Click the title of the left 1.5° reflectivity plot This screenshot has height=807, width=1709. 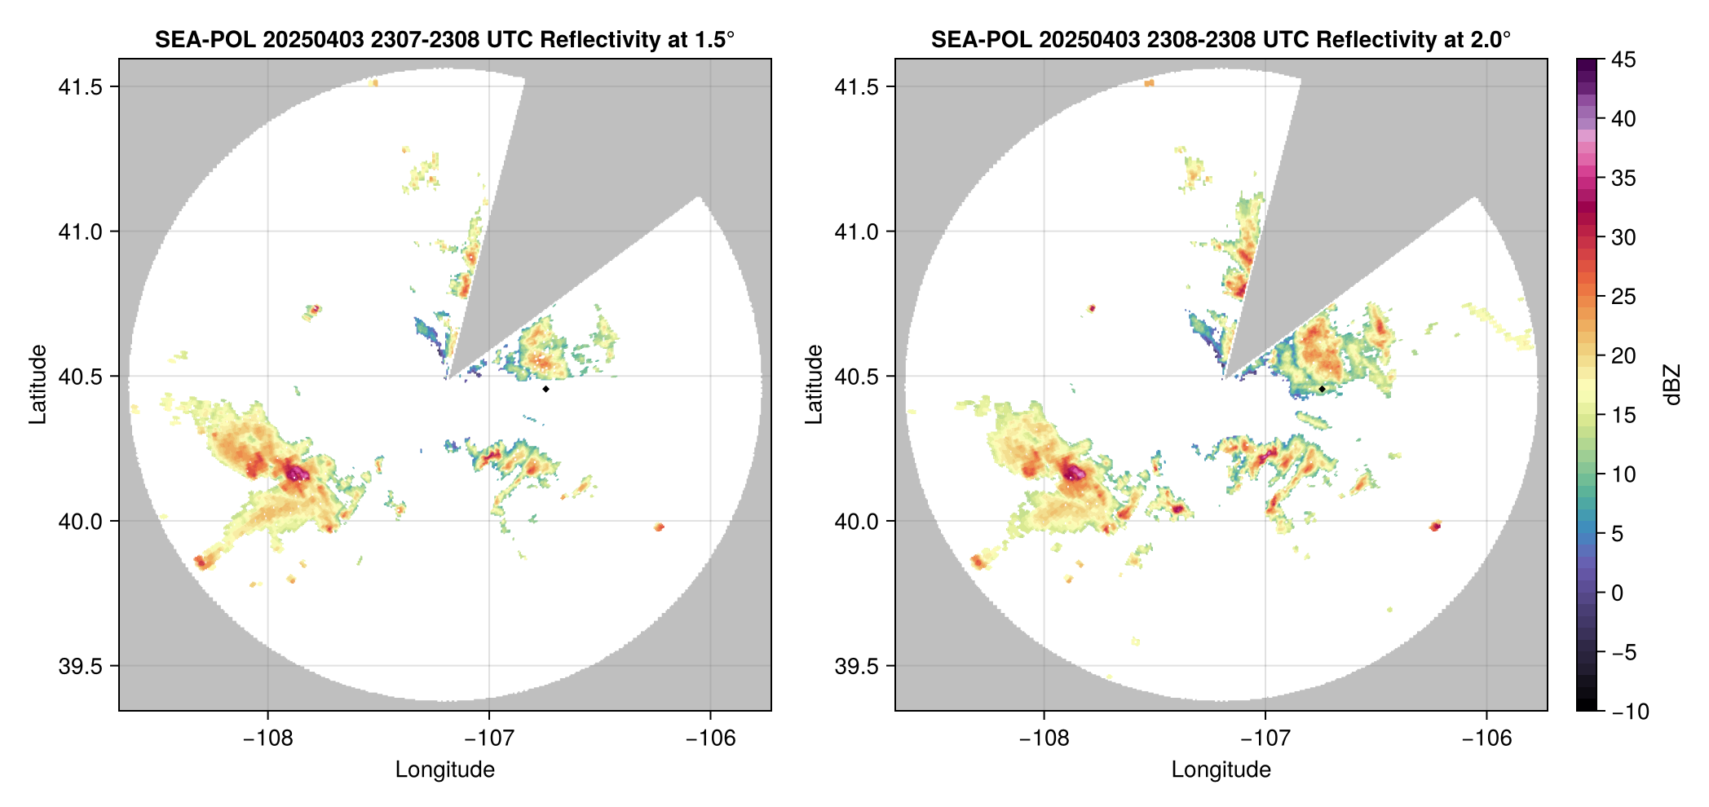[444, 39]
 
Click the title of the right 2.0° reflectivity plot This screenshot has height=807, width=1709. [1221, 39]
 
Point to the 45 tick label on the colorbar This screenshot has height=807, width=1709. [1623, 60]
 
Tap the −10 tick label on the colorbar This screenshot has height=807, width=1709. [1630, 712]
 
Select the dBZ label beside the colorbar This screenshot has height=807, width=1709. [1672, 385]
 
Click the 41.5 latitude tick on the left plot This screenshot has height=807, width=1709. [80, 86]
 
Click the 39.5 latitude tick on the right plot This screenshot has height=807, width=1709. [856, 666]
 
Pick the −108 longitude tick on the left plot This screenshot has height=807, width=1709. [267, 739]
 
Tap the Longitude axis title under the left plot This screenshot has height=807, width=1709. [445, 770]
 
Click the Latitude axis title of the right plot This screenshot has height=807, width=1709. [814, 385]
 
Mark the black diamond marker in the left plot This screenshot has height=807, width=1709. [545, 389]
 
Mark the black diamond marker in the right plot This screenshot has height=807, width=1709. [1322, 389]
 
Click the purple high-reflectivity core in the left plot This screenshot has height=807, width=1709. [297, 473]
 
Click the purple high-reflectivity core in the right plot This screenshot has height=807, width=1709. [1074, 473]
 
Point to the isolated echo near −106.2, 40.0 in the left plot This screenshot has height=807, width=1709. [659, 527]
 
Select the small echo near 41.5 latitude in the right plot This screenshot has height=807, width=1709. [1149, 83]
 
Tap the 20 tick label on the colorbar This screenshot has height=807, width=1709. [1623, 355]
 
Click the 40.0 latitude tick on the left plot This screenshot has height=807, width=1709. [80, 521]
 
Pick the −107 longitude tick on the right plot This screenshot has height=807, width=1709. [1265, 739]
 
